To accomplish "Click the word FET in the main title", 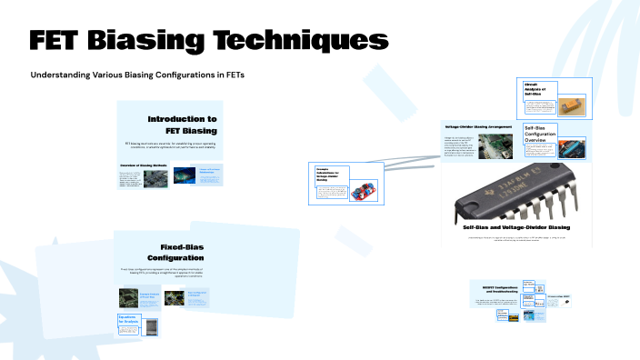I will coord(61,41).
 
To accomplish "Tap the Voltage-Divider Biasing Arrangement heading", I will coord(478,126).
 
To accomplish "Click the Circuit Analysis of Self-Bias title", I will coord(539,89).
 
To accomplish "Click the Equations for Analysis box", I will coord(133,321).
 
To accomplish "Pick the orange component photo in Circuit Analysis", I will coord(572,106).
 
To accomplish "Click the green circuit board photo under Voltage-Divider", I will coord(495,145).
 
